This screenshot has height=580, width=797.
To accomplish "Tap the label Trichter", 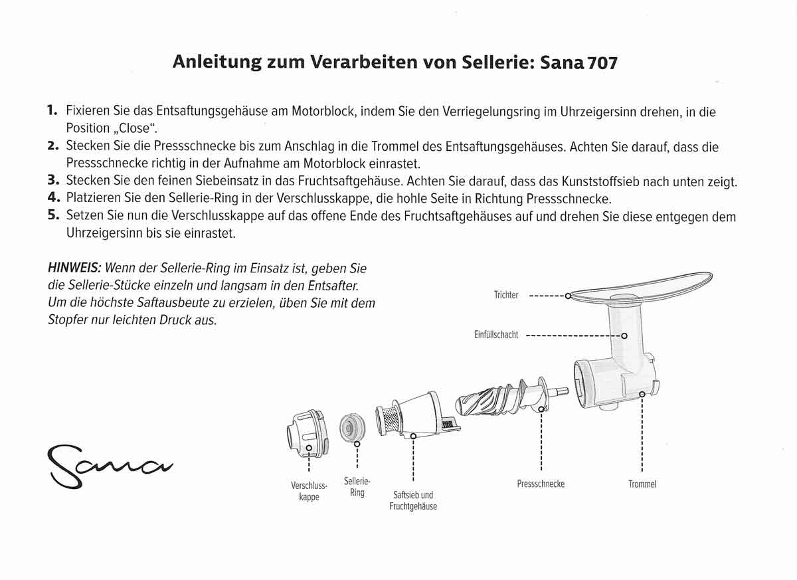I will (506, 295).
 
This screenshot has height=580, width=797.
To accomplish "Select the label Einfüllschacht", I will (496, 335).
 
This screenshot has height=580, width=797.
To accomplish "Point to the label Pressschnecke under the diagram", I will (541, 484).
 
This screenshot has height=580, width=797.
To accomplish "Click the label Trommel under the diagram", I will (642, 484).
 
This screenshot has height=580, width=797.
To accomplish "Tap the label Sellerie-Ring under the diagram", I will (357, 486).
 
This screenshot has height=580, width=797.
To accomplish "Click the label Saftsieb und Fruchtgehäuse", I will (413, 500).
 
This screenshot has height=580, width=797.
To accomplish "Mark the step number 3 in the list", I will (54, 180).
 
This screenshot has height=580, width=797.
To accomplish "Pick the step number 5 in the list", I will (54, 216).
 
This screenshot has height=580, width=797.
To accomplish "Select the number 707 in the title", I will (602, 63).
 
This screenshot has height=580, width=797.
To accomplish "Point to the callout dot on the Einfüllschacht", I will (624, 336).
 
